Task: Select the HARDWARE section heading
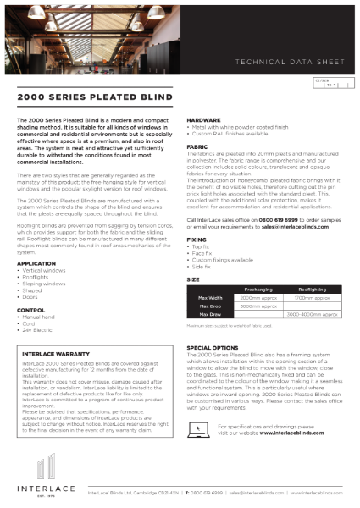tap(204, 121)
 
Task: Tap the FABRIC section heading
tap(197, 146)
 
